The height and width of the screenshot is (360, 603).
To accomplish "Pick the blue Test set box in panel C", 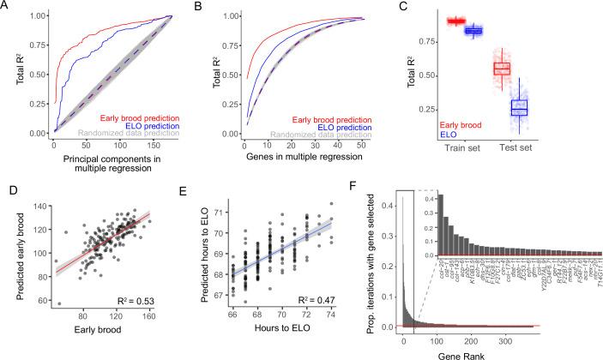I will coord(519,107).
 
